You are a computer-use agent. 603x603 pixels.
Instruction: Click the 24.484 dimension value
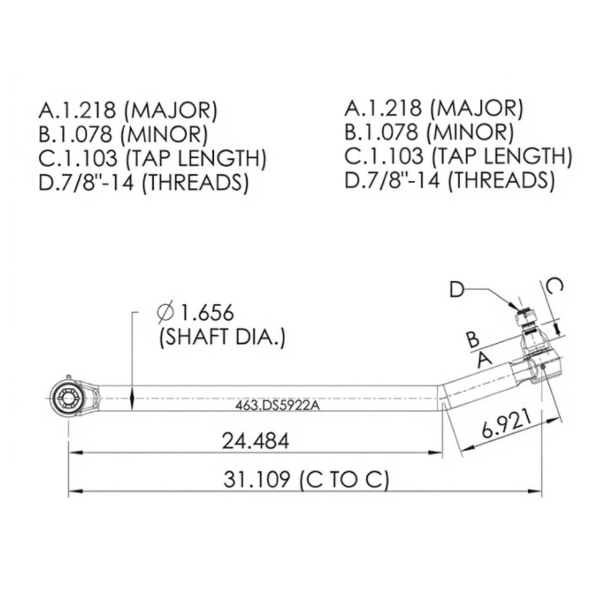point(255,441)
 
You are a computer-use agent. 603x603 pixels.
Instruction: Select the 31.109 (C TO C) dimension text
point(306,480)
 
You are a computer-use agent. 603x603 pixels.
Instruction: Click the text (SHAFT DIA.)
point(222,338)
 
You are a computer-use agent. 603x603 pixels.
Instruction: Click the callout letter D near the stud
point(459,290)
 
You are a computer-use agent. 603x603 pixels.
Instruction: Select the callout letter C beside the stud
point(553,287)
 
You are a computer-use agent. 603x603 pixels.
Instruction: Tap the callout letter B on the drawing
point(473,340)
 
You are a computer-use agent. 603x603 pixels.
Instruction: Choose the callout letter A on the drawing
point(483,358)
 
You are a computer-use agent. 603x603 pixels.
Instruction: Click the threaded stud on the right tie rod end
point(526,318)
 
